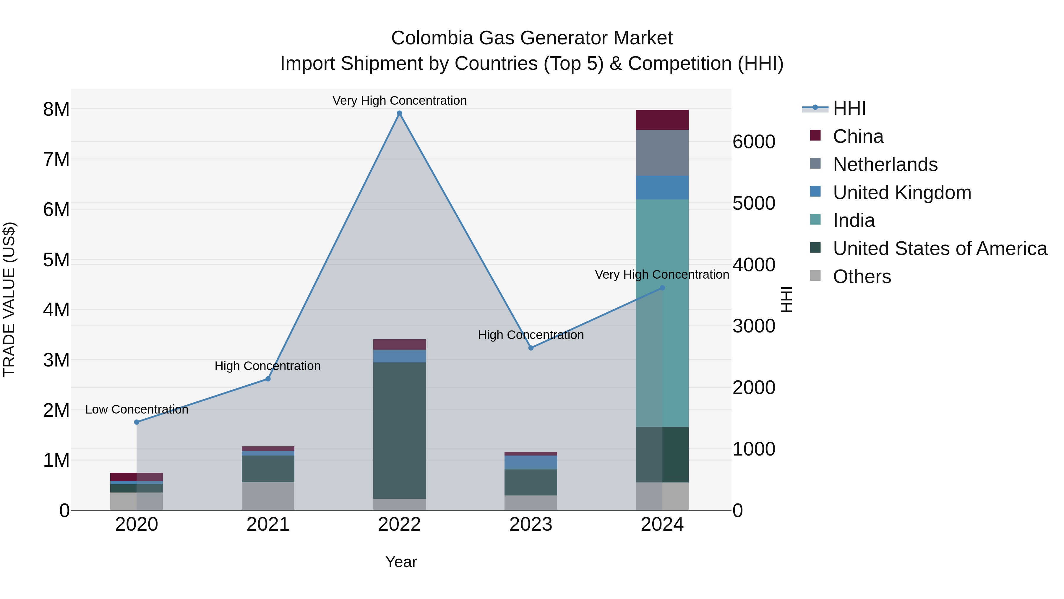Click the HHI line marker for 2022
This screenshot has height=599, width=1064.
tap(399, 113)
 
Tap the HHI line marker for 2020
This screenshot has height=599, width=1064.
tap(137, 422)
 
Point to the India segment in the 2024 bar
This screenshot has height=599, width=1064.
tap(662, 313)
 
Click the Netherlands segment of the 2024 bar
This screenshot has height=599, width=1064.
tap(662, 153)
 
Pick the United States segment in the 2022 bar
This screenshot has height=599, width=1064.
tap(399, 430)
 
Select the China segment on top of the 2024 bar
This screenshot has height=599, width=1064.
tap(662, 120)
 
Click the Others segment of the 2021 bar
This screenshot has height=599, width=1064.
tap(268, 496)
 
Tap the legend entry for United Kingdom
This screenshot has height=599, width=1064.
tap(902, 193)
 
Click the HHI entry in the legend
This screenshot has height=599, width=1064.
tap(849, 108)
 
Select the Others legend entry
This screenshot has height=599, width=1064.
tap(862, 277)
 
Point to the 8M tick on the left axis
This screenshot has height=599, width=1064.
tap(56, 109)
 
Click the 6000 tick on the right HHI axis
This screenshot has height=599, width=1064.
tap(754, 142)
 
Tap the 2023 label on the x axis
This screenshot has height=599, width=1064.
tap(531, 524)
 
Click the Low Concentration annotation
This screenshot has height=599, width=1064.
tap(137, 409)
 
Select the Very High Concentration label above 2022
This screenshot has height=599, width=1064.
tap(399, 101)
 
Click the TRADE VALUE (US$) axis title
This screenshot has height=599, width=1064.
tap(9, 299)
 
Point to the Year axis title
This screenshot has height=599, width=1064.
tap(401, 562)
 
